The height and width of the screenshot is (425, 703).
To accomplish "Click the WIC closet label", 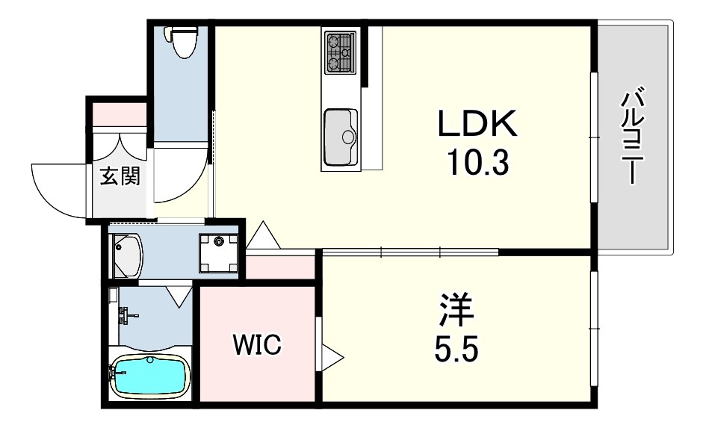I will [256, 344].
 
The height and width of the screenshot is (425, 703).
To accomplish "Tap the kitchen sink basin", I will [341, 137].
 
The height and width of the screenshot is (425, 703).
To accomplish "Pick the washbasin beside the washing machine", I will [127, 254].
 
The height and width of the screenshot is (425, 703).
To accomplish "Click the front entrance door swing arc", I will [60, 190].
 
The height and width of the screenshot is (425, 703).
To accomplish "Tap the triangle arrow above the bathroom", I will [179, 296].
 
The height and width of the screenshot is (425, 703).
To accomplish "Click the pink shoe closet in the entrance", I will [119, 114].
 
